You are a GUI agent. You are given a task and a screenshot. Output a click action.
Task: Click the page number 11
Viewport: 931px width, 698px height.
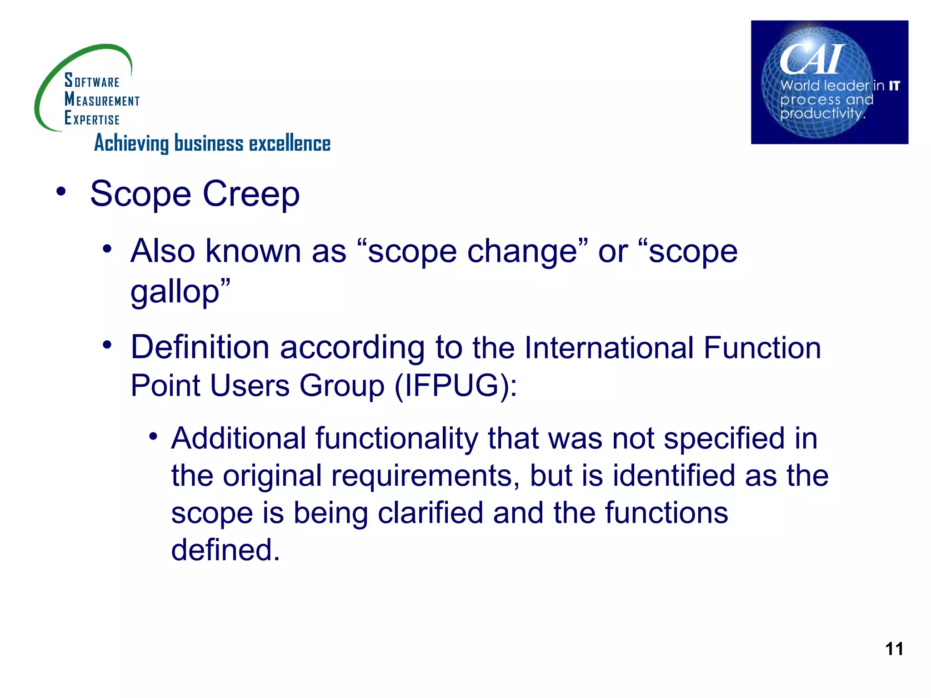tap(894, 648)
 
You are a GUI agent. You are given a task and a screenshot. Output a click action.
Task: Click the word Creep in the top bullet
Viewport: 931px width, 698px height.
tap(251, 194)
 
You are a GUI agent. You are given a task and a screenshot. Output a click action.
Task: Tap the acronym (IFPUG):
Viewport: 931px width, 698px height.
tap(456, 386)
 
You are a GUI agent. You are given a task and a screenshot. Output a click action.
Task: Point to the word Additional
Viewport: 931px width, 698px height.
tap(239, 439)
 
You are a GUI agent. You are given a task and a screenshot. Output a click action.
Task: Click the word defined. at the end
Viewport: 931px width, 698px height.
tap(225, 550)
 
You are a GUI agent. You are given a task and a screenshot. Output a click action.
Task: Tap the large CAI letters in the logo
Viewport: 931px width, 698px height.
tap(811, 60)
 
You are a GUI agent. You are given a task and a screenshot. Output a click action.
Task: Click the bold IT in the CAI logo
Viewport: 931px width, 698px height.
tap(894, 86)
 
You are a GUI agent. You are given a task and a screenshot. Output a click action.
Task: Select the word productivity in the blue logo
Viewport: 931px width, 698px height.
tap(821, 113)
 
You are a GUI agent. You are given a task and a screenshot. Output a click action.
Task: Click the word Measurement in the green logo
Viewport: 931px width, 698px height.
tap(102, 100)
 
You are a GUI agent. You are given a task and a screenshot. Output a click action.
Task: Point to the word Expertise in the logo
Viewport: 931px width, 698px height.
tap(92, 119)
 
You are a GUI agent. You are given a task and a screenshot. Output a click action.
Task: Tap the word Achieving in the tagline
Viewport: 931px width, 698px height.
tap(131, 144)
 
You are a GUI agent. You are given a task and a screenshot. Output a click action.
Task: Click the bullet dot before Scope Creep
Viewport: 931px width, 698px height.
tap(61, 191)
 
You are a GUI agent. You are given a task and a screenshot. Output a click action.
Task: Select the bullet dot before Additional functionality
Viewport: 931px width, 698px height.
tap(153, 437)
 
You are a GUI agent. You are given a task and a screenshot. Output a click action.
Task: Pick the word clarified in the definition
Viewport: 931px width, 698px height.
tap(430, 513)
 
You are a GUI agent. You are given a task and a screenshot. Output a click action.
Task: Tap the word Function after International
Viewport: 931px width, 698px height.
tap(762, 348)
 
